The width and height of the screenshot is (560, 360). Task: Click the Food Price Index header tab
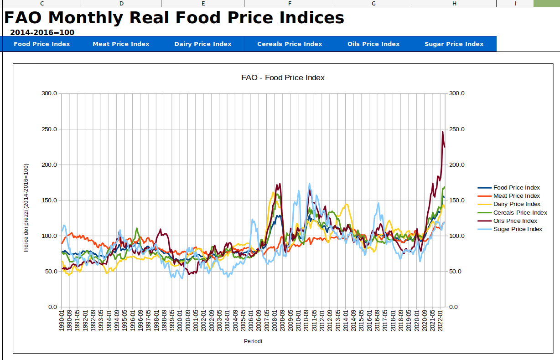[x=42, y=44]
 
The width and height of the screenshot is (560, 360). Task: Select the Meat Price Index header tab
[x=121, y=44]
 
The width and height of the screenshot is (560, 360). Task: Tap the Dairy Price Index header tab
[x=203, y=44]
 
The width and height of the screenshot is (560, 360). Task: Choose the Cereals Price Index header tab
[x=290, y=44]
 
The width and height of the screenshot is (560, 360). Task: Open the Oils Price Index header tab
[x=373, y=44]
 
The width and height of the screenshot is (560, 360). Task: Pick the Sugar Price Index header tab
[x=454, y=44]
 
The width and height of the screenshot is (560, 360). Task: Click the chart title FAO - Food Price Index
[x=283, y=77]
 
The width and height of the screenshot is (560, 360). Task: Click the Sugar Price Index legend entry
[x=518, y=229]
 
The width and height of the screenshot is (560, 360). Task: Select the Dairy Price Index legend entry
[x=517, y=204]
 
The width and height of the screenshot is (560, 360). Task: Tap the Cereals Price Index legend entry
[x=520, y=213]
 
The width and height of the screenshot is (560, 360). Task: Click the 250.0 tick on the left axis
[x=49, y=129]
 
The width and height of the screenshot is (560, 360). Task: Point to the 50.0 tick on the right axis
[x=456, y=272]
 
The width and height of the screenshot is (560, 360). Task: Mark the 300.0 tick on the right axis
[x=456, y=93]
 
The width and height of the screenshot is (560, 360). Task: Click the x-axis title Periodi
[x=253, y=341]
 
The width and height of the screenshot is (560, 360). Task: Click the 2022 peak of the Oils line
[x=442, y=132]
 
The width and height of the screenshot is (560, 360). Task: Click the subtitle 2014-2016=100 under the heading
[x=42, y=32]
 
